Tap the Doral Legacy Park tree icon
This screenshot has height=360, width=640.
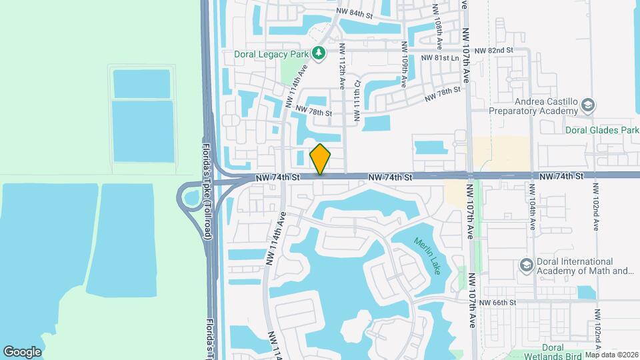click(319, 53)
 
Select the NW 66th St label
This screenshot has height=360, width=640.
click(501, 303)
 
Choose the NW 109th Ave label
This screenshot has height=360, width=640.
click(404, 65)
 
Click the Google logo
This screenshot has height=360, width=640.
click(22, 352)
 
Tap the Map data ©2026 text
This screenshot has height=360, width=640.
click(611, 355)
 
